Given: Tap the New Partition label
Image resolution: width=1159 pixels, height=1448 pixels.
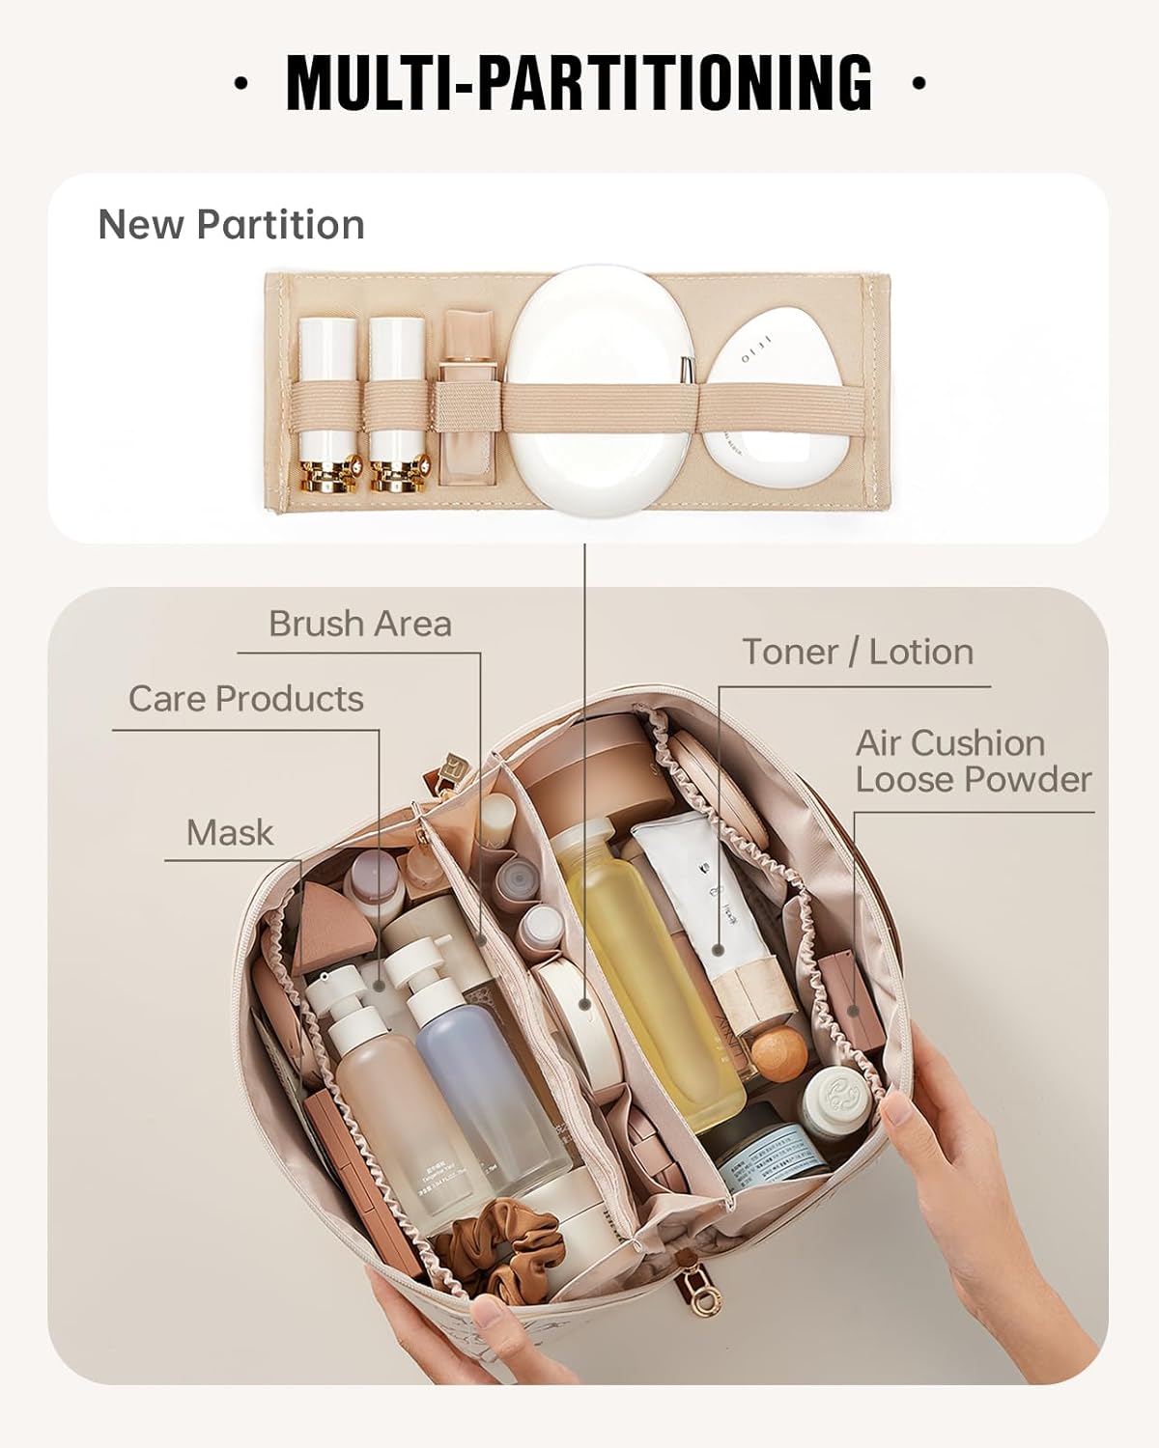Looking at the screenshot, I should coord(231,225).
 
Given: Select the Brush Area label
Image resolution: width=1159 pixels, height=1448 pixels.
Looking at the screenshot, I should coord(359,624).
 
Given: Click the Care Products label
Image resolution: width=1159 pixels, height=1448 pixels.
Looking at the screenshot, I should coord(245,699).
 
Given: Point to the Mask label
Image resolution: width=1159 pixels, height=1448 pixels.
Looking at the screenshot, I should coord(230,832).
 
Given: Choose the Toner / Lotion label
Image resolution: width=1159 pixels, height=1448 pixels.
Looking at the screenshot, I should coord(858,653).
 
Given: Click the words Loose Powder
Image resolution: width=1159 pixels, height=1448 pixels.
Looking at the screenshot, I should coord(974,780).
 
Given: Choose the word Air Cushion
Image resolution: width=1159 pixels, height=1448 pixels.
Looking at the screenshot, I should coord(950,743).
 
